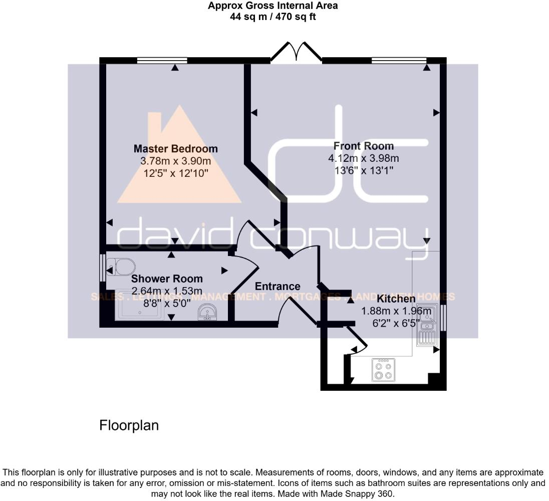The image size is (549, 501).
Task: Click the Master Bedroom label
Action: click(x=175, y=149)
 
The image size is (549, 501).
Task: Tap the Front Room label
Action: click(x=363, y=146)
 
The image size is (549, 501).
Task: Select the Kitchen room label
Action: click(x=396, y=299)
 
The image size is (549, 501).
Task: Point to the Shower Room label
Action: click(x=167, y=279)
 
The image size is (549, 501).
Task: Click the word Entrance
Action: click(x=278, y=287)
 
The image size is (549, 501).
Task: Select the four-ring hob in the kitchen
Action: click(x=383, y=370)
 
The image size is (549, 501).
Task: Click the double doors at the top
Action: click(x=296, y=52)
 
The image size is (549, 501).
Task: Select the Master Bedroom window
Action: click(x=162, y=61)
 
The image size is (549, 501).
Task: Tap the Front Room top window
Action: click(x=399, y=61)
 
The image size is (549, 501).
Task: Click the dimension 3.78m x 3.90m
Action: click(x=175, y=161)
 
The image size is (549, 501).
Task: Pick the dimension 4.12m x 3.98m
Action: click(x=363, y=159)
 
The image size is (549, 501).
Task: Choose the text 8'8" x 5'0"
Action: click(x=167, y=303)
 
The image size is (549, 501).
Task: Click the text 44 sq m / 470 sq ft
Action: click(x=273, y=17)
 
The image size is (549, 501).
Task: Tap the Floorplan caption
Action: click(x=129, y=425)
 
